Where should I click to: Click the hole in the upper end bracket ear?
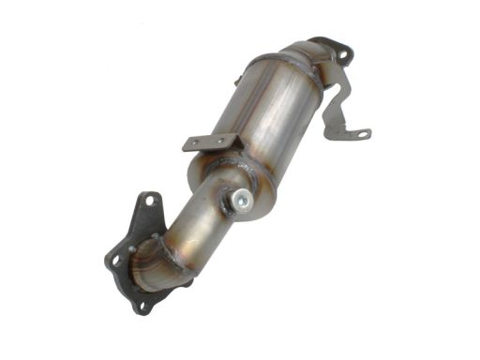pyautogui.click(x=342, y=55)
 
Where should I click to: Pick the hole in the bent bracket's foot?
pyautogui.click(x=360, y=133)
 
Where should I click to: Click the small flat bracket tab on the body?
pyautogui.click(x=212, y=142)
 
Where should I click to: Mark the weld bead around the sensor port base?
pyautogui.click(x=234, y=202)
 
